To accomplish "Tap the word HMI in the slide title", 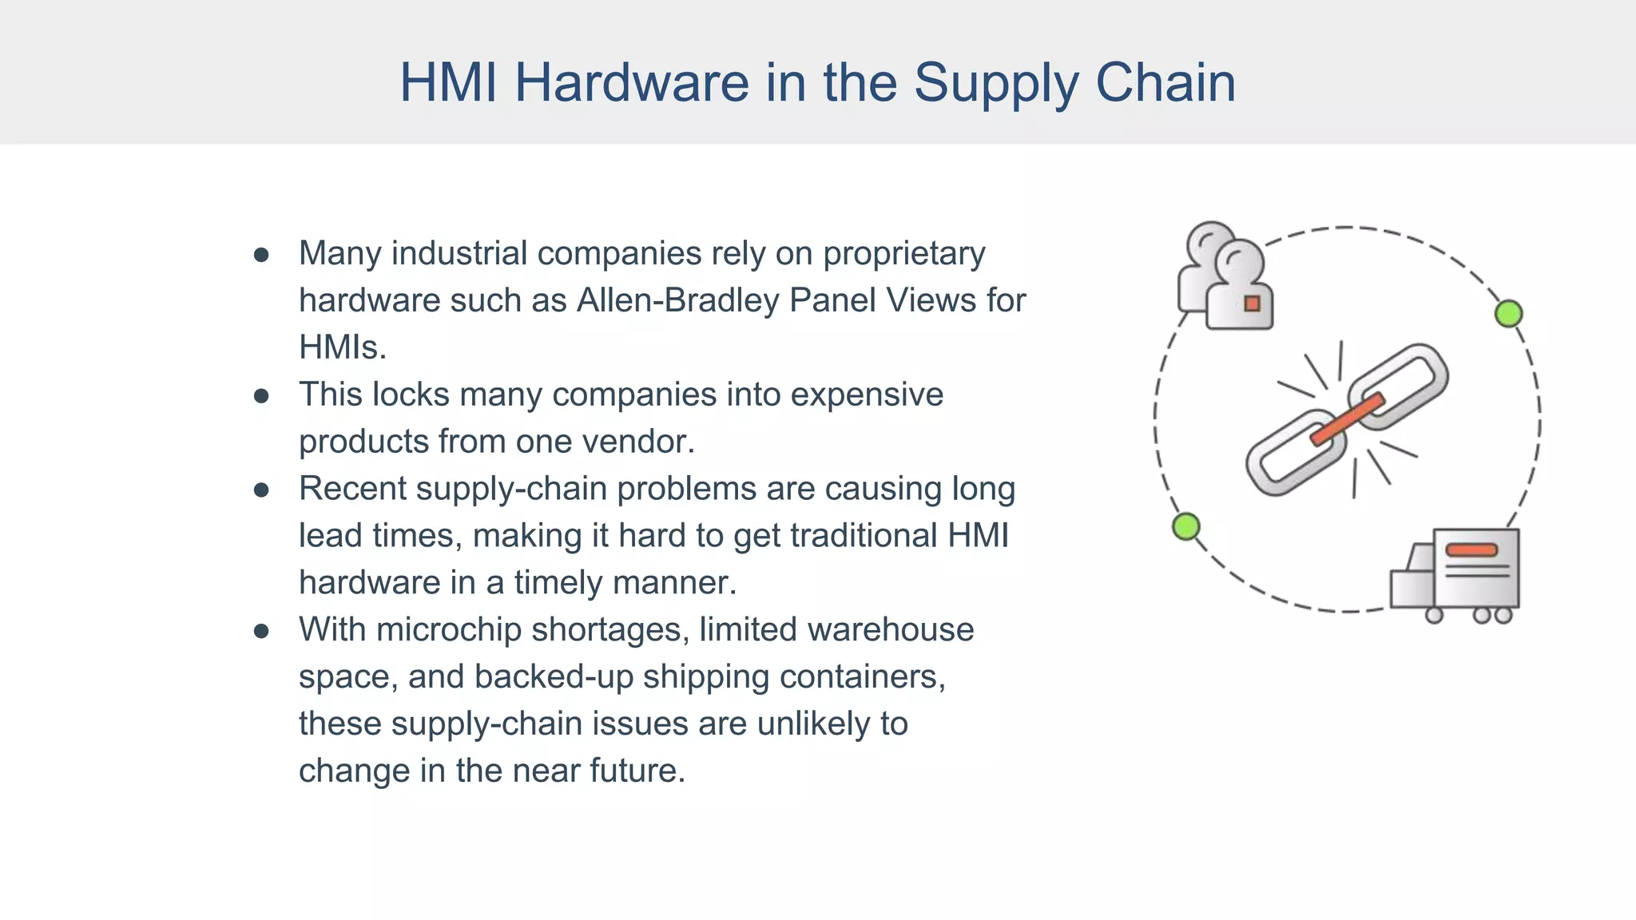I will pyautogui.click(x=448, y=83).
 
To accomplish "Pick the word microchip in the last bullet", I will pyautogui.click(x=448, y=630).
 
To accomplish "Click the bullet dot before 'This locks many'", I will pyautogui.click(x=261, y=396).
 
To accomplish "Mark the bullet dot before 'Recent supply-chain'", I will pyautogui.click(x=261, y=490).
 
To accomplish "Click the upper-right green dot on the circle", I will pyautogui.click(x=1508, y=314).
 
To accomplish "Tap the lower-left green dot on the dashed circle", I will pyautogui.click(x=1186, y=527).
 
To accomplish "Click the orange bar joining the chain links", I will pyautogui.click(x=1347, y=419).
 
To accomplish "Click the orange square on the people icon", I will pyautogui.click(x=1252, y=303).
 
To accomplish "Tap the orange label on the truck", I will pyautogui.click(x=1471, y=550).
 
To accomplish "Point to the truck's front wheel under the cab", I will pyautogui.click(x=1434, y=615).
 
